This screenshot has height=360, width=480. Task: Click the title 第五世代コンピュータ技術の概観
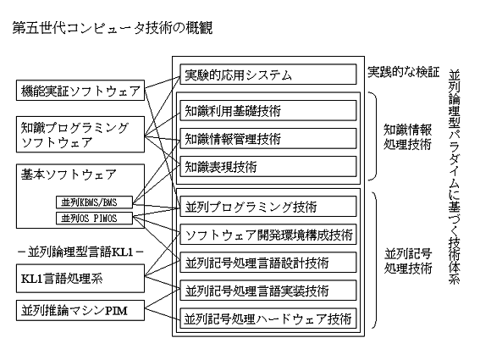(x=113, y=28)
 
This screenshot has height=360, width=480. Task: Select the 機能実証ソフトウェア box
(x=80, y=91)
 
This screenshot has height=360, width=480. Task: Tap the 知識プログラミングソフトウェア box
(x=80, y=134)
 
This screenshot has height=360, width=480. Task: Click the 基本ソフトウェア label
(x=69, y=174)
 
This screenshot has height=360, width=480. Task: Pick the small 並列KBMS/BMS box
(x=94, y=202)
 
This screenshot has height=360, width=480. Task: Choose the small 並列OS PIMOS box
(x=94, y=219)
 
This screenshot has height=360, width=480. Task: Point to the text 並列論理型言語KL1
(x=80, y=252)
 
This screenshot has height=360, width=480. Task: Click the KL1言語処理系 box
(x=80, y=279)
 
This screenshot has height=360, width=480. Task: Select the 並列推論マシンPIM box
(x=80, y=310)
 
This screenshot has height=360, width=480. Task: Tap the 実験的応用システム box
(x=268, y=75)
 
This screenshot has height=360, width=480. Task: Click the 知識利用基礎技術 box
(x=268, y=111)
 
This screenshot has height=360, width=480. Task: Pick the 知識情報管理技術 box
(x=268, y=138)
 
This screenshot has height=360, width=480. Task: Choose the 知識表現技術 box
(x=268, y=166)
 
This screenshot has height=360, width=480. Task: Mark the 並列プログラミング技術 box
(x=268, y=207)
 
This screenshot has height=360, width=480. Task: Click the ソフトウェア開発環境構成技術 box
(x=268, y=235)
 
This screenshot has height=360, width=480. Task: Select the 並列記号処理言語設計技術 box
(x=268, y=263)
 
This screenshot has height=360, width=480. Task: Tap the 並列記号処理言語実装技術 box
(x=268, y=291)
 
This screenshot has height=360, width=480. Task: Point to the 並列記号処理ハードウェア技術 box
(x=268, y=318)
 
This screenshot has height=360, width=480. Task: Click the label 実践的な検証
(x=403, y=72)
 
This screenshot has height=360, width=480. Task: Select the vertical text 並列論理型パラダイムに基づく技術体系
(x=455, y=177)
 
